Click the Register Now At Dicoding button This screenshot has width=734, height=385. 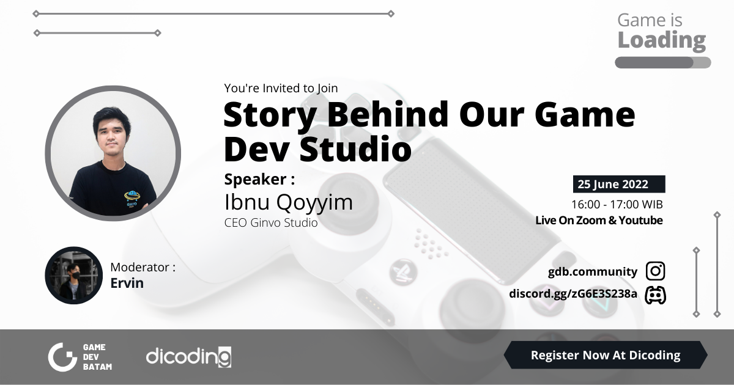[605, 355]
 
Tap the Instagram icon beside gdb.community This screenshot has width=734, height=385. [655, 271]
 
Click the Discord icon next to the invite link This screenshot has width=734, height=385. [655, 295]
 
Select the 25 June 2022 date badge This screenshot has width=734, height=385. [618, 185]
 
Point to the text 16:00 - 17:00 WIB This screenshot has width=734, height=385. [617, 204]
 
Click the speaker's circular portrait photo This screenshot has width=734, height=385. [113, 153]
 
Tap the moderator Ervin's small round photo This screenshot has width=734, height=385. [73, 275]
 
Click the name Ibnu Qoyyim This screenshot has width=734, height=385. [288, 202]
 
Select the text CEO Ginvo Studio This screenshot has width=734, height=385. [271, 223]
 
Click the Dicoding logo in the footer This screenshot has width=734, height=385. [188, 356]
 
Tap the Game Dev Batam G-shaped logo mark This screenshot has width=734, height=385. [62, 357]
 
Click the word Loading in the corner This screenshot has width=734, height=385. [661, 41]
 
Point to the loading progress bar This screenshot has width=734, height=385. [662, 62]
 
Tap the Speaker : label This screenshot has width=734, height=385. [259, 179]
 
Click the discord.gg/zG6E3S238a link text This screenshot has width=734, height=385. [573, 295]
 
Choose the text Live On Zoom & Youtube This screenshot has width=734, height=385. [599, 221]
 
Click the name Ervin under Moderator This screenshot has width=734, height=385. [127, 283]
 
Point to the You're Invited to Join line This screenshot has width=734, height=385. [281, 88]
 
